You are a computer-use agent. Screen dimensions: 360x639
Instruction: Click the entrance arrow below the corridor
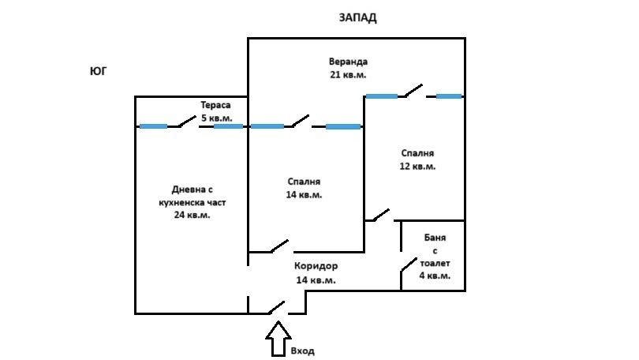coord(277,339)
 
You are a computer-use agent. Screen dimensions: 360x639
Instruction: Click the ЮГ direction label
coord(98,71)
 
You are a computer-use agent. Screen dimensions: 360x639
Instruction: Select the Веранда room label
coord(348,68)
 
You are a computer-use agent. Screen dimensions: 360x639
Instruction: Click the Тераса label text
coord(216,112)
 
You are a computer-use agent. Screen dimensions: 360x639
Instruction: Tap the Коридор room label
coord(316,273)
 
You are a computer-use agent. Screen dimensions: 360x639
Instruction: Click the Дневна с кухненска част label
coord(192,202)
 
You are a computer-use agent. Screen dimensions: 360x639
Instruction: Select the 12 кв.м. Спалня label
coord(417,159)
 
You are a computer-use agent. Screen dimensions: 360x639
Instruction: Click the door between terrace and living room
coord(188,122)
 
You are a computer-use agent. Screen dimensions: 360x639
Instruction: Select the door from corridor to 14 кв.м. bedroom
coord(279,247)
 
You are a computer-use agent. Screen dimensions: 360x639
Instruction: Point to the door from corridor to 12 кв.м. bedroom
coord(380,215)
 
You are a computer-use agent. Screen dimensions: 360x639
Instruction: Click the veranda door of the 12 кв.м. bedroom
coord(413,92)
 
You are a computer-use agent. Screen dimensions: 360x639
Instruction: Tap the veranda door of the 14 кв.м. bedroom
coord(300,121)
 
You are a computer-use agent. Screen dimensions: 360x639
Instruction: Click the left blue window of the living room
coord(153,126)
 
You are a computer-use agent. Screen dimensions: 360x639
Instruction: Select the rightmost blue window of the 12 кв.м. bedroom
coord(449,96)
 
